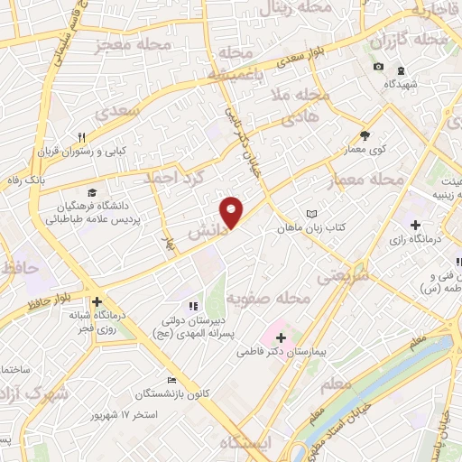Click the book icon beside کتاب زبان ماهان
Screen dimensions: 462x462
pos(312,214)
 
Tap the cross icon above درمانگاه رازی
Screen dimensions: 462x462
pos(415,224)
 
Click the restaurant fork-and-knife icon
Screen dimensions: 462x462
pos(81,137)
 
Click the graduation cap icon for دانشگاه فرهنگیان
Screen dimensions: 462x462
pos(92,191)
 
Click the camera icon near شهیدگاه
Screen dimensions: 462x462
pos(378,68)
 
